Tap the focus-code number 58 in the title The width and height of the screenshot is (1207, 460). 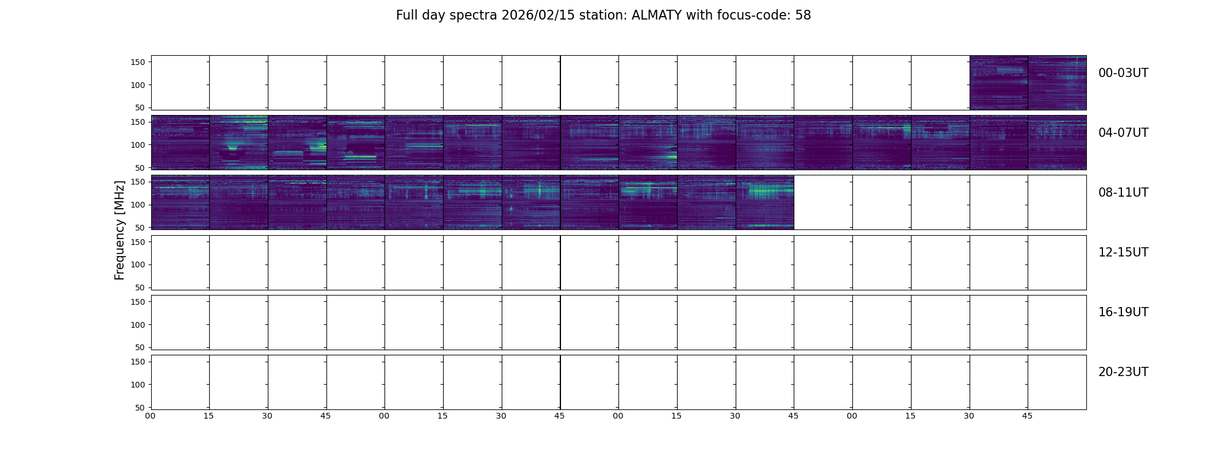click(x=803, y=16)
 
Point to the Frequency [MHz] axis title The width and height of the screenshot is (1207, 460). click(x=120, y=230)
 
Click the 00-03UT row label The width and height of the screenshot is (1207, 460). click(x=1123, y=73)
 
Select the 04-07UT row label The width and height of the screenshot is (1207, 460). click(x=1123, y=133)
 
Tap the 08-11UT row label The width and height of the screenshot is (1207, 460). click(x=1123, y=193)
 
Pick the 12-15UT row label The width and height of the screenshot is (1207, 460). click(x=1123, y=252)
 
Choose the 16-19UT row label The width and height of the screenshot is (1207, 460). click(x=1123, y=312)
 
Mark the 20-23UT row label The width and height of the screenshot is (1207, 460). click(x=1123, y=372)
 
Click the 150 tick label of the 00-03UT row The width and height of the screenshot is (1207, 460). click(x=138, y=62)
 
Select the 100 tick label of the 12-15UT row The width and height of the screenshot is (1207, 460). click(x=138, y=264)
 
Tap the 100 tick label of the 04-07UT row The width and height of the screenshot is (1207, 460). click(x=138, y=145)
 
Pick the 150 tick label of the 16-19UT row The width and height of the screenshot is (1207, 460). click(x=138, y=302)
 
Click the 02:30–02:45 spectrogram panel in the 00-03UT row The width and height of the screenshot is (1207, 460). click(x=999, y=83)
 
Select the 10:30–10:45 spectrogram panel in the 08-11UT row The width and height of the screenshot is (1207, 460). click(x=765, y=202)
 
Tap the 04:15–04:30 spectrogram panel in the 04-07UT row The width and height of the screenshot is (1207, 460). click(x=239, y=143)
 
